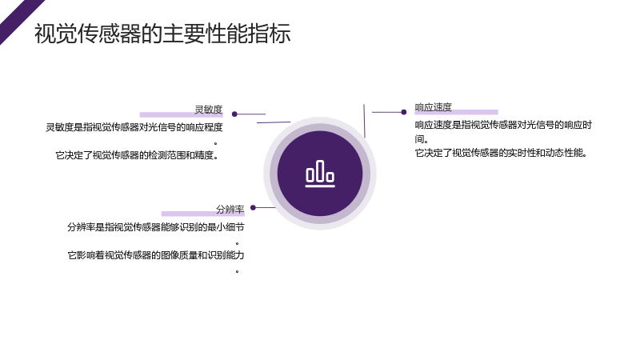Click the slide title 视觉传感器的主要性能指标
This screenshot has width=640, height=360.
162,34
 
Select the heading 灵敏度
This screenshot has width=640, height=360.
208,110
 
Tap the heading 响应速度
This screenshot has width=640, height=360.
433,107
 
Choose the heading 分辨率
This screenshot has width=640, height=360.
230,210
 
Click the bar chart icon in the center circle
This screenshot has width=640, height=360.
320,174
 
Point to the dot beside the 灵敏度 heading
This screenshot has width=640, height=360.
234,114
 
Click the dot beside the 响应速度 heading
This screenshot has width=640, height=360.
404,112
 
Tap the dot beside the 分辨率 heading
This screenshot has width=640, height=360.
253,208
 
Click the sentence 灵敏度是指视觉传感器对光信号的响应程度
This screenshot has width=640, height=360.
134,127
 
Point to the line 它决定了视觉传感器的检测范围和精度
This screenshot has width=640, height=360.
137,155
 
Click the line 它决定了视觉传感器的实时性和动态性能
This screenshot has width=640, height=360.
501,153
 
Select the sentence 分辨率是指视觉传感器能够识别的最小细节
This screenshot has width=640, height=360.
155,227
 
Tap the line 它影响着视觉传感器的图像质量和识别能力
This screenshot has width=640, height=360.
155,255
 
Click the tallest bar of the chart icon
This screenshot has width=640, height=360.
321,170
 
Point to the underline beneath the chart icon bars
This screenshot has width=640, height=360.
320,186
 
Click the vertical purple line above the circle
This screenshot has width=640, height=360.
364,121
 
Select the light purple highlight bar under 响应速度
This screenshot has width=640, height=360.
456,112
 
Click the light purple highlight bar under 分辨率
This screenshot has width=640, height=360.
203,214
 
